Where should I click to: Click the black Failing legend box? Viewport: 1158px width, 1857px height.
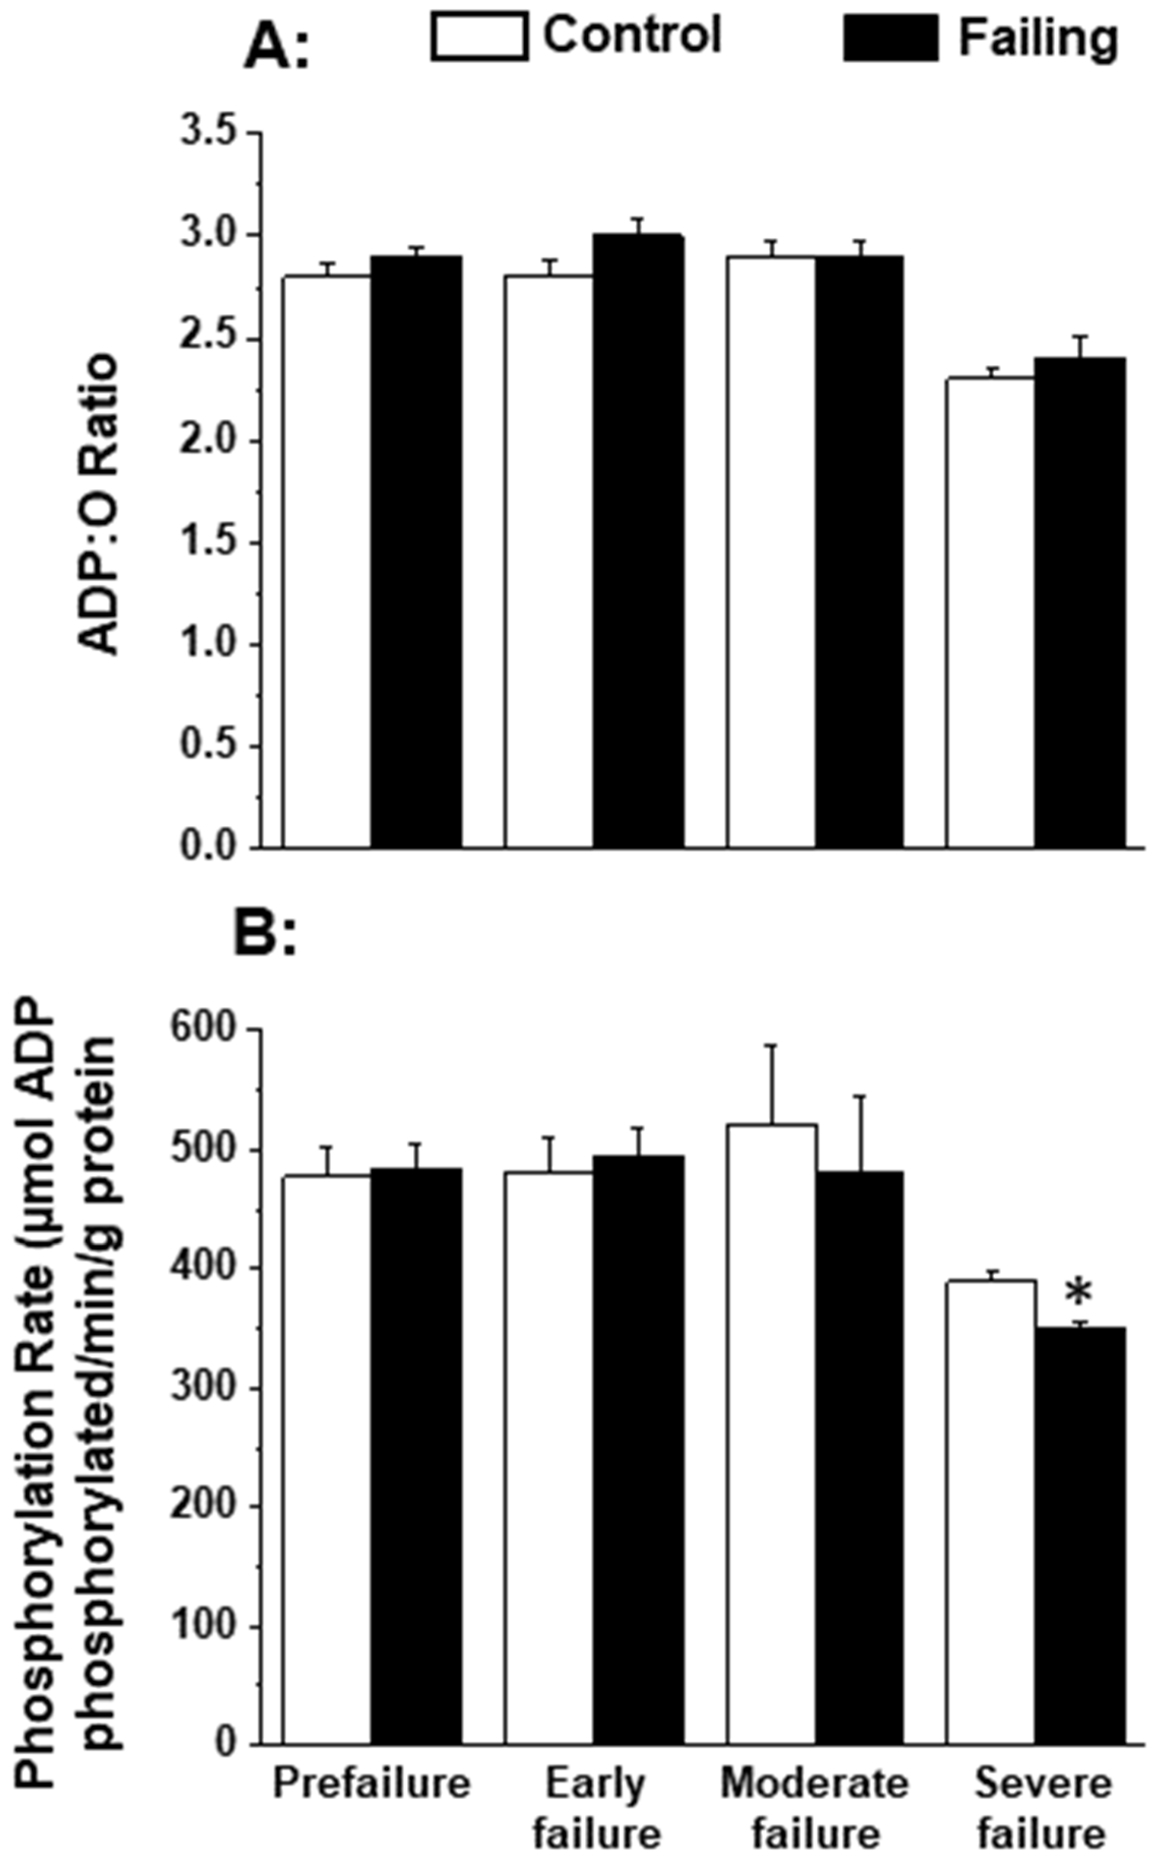point(891,38)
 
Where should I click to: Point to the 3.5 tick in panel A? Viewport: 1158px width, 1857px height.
point(208,133)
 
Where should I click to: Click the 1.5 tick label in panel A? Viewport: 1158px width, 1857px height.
point(208,542)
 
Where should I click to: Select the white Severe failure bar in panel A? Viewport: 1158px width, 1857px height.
point(990,613)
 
